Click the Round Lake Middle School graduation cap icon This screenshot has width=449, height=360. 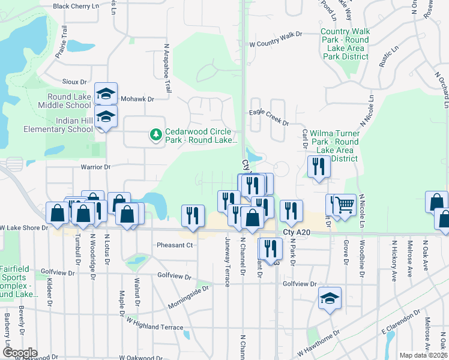tap(106, 94)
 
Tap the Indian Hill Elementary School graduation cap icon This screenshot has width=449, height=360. tap(106, 116)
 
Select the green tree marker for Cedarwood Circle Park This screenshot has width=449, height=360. tap(156, 135)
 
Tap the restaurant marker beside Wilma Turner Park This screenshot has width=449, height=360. tap(319, 166)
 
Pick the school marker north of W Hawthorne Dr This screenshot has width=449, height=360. tap(330, 299)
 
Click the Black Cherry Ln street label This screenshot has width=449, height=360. tap(76, 6)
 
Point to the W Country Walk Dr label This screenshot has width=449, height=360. tap(275, 44)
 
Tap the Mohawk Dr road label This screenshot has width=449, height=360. tap(137, 98)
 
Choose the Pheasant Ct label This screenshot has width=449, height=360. tap(174, 245)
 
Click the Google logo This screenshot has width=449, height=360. tap(20, 353)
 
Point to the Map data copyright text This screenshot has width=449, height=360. tap(423, 355)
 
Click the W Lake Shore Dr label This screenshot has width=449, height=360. tap(24, 228)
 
